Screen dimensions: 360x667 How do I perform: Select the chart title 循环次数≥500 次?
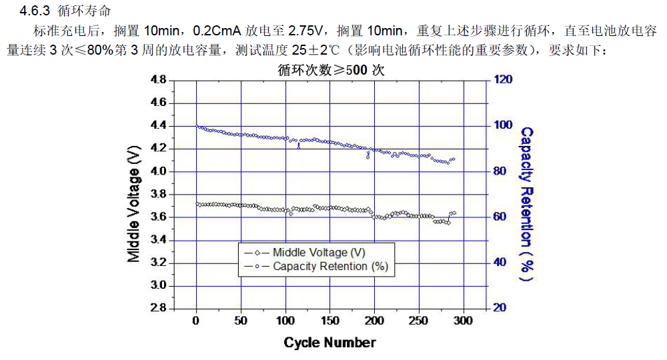click(x=331, y=69)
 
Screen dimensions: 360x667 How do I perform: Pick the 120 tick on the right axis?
click(x=504, y=79)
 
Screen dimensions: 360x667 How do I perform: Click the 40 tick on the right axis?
click(x=500, y=262)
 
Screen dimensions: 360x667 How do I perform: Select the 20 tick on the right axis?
click(x=500, y=308)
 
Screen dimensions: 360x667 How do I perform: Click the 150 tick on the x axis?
click(x=330, y=321)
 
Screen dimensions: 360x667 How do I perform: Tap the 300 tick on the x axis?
click(x=463, y=321)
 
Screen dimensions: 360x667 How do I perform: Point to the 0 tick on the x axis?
click(x=196, y=321)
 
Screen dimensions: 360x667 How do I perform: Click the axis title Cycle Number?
click(x=329, y=343)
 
